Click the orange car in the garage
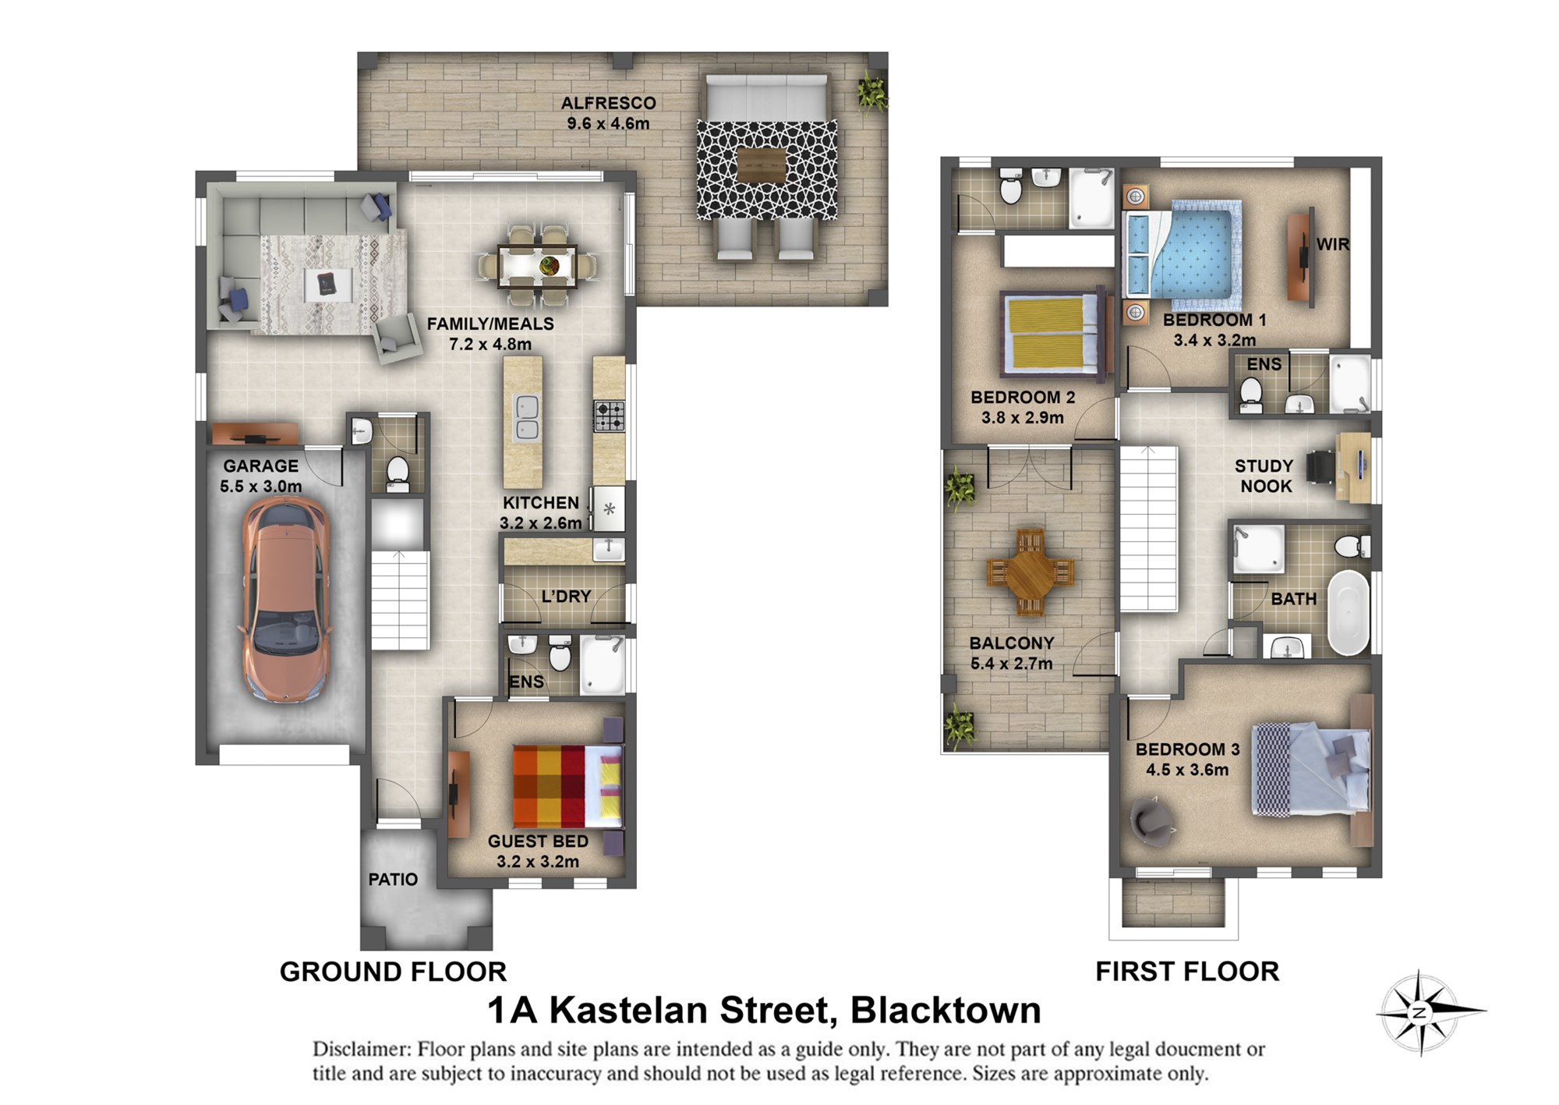pyautogui.click(x=287, y=600)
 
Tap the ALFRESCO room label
pyautogui.click(x=608, y=103)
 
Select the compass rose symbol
pyautogui.click(x=1420, y=1013)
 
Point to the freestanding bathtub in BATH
pyautogui.click(x=1349, y=613)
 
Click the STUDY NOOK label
pyautogui.click(x=1265, y=476)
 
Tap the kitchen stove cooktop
pyautogui.click(x=609, y=416)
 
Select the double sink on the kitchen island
pyautogui.click(x=527, y=418)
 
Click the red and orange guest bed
pyautogui.click(x=567, y=786)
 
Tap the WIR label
pyautogui.click(x=1332, y=244)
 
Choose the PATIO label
pyautogui.click(x=393, y=879)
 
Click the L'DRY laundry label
pyautogui.click(x=567, y=597)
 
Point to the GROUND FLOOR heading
pyautogui.click(x=393, y=972)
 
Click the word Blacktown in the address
pyautogui.click(x=946, y=1011)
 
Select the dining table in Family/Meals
pyautogui.click(x=538, y=266)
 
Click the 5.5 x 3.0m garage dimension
pyautogui.click(x=260, y=487)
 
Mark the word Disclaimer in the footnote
pyautogui.click(x=362, y=1049)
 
